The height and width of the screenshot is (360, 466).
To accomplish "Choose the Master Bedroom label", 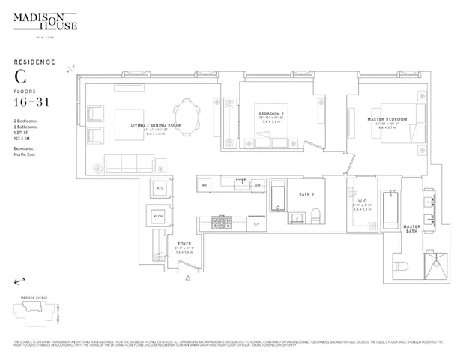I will tap(387, 119).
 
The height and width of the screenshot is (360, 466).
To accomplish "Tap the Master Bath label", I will tap(411, 229).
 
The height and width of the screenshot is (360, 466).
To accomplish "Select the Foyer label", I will tap(184, 244).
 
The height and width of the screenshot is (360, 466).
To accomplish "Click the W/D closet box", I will tap(160, 187).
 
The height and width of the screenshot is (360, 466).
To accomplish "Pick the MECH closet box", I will tap(158, 216).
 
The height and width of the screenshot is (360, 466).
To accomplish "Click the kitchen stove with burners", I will tap(222, 223).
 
